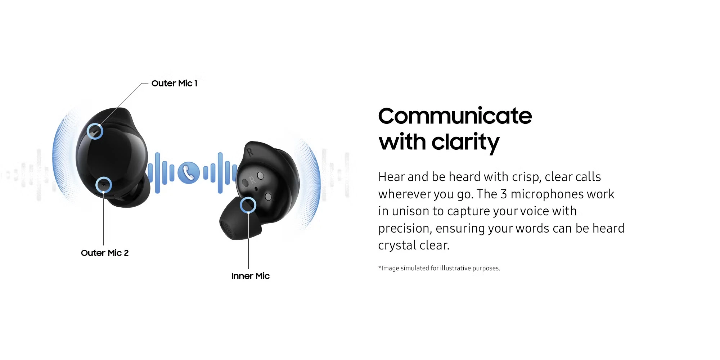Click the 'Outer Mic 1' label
click(174, 84)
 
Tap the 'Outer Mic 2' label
click(105, 253)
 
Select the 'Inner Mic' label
click(250, 276)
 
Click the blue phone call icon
click(189, 173)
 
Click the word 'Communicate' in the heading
click(455, 116)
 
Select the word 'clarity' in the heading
click(465, 142)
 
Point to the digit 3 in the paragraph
click(504, 194)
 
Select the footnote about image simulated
click(439, 268)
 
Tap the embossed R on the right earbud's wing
click(250, 152)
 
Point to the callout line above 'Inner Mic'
click(248, 241)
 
